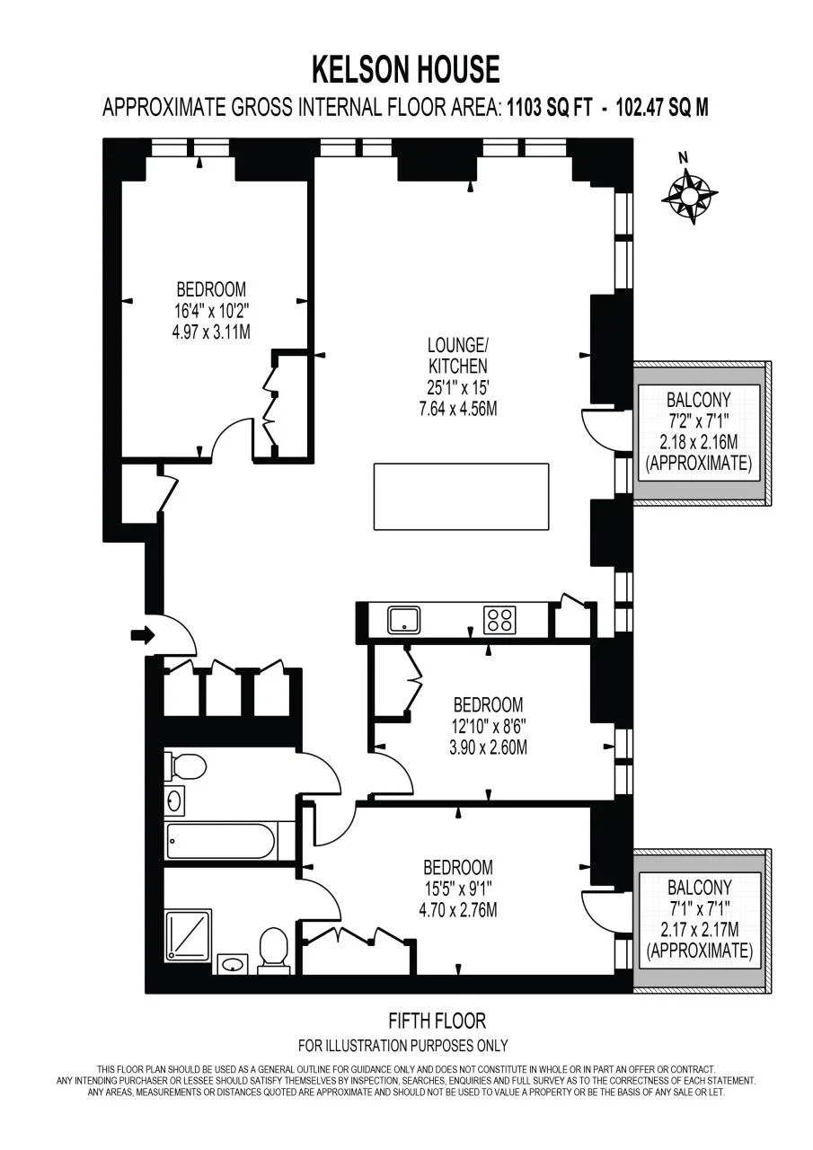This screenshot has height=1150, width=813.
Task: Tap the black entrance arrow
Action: (x=143, y=635)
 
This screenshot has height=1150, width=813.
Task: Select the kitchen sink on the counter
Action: (x=404, y=619)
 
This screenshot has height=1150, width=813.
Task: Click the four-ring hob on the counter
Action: (x=499, y=620)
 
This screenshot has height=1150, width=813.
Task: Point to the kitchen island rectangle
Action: (x=461, y=497)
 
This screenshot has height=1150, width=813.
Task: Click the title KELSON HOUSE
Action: (x=406, y=69)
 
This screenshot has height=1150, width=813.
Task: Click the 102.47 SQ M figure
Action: (x=662, y=109)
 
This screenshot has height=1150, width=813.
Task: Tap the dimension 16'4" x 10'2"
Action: (x=211, y=311)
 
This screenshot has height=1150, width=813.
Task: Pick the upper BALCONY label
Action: (x=699, y=399)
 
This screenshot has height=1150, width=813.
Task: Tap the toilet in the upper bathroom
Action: (x=185, y=767)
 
